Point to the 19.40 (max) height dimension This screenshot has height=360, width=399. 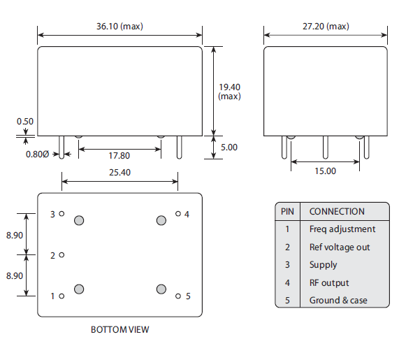(230, 91)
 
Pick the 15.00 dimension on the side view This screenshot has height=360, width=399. (325, 171)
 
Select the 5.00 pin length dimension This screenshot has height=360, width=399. (229, 147)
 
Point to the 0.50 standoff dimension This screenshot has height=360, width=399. (25, 121)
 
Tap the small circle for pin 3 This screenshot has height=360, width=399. (62, 214)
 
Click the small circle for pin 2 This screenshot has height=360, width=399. (62, 255)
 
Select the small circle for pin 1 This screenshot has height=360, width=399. (62, 296)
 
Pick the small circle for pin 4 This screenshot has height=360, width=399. (178, 214)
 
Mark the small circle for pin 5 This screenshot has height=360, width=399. (178, 296)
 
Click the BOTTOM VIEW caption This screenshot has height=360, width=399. (119, 329)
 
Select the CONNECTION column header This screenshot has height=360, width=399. (337, 211)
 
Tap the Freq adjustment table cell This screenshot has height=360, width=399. (342, 229)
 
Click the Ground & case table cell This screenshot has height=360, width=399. (338, 301)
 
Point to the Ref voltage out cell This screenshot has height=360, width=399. (340, 247)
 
